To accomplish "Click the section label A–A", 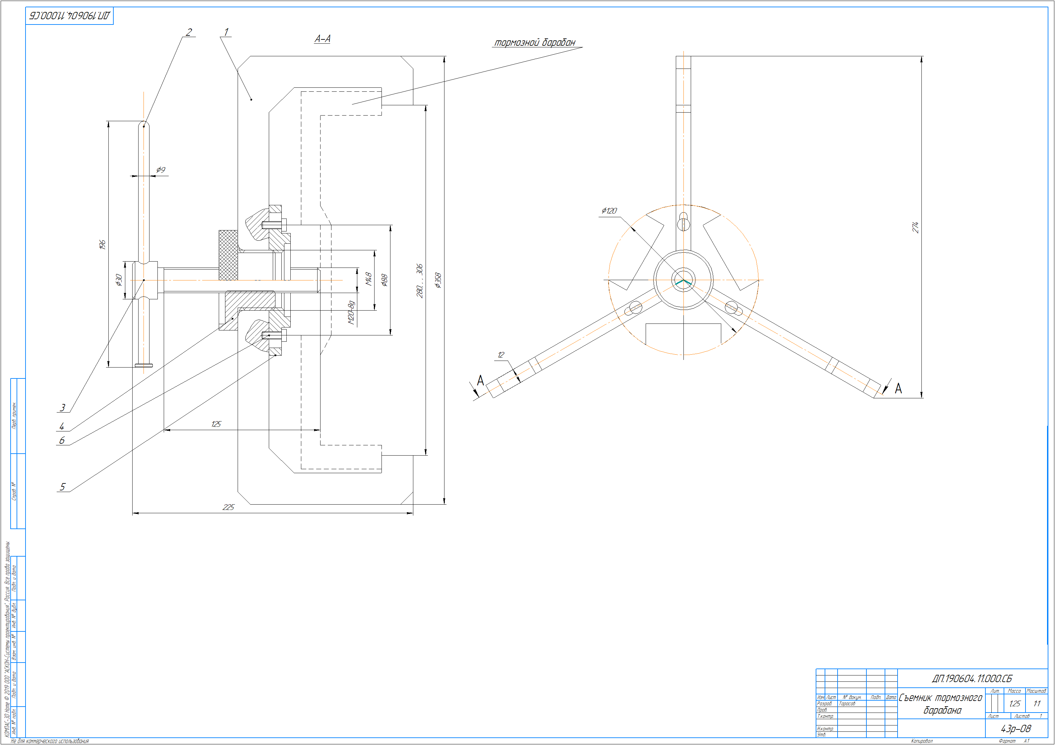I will tap(322, 39).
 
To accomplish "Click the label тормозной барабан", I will tap(534, 43).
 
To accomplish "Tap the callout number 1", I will tap(226, 32).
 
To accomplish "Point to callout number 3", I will tap(63, 408).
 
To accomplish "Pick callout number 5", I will tap(63, 487).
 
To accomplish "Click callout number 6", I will tap(62, 440).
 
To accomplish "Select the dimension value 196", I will tap(102, 244).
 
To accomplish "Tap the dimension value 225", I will tap(228, 507).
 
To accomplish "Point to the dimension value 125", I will tap(216, 424).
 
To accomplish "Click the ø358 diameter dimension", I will tap(438, 280).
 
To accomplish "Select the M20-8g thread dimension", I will tap(352, 313).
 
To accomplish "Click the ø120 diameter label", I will tap(609, 211).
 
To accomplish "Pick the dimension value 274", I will tap(915, 227).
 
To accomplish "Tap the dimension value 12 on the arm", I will tap(501, 355).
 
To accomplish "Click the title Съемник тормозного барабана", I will tap(941, 704).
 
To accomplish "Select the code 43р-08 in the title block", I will tap(1016, 728).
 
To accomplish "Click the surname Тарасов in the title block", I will tap(847, 704).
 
